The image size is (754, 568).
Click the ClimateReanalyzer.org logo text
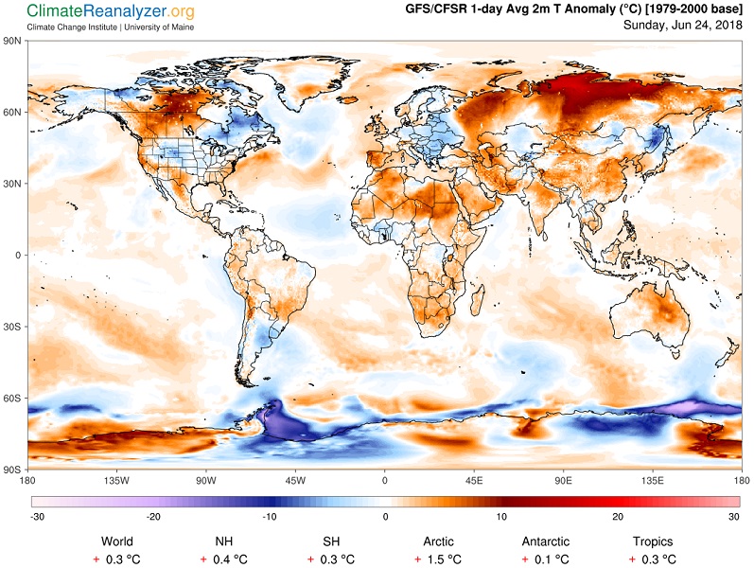tap(111, 11)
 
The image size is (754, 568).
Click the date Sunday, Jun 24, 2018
tap(683, 25)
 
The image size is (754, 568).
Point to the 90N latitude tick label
tap(12, 41)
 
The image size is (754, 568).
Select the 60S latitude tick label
tap(12, 399)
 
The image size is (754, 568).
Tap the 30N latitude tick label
tap(12, 184)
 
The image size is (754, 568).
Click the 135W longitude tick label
tap(117, 480)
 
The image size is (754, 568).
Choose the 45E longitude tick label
tap(474, 480)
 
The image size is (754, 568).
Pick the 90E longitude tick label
tap(563, 480)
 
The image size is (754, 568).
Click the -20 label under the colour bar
tap(153, 517)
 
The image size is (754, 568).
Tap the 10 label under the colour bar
tap(501, 517)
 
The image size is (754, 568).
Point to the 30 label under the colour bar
tap(734, 517)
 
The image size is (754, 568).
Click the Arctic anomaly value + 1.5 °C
tap(439, 559)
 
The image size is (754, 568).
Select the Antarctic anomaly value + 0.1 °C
tap(546, 559)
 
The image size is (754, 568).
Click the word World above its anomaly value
tap(117, 541)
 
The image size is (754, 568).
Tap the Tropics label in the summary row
tap(653, 541)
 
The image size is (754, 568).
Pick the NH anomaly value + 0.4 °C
tap(224, 559)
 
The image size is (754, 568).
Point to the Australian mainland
tap(648, 313)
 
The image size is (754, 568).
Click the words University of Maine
tap(159, 27)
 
